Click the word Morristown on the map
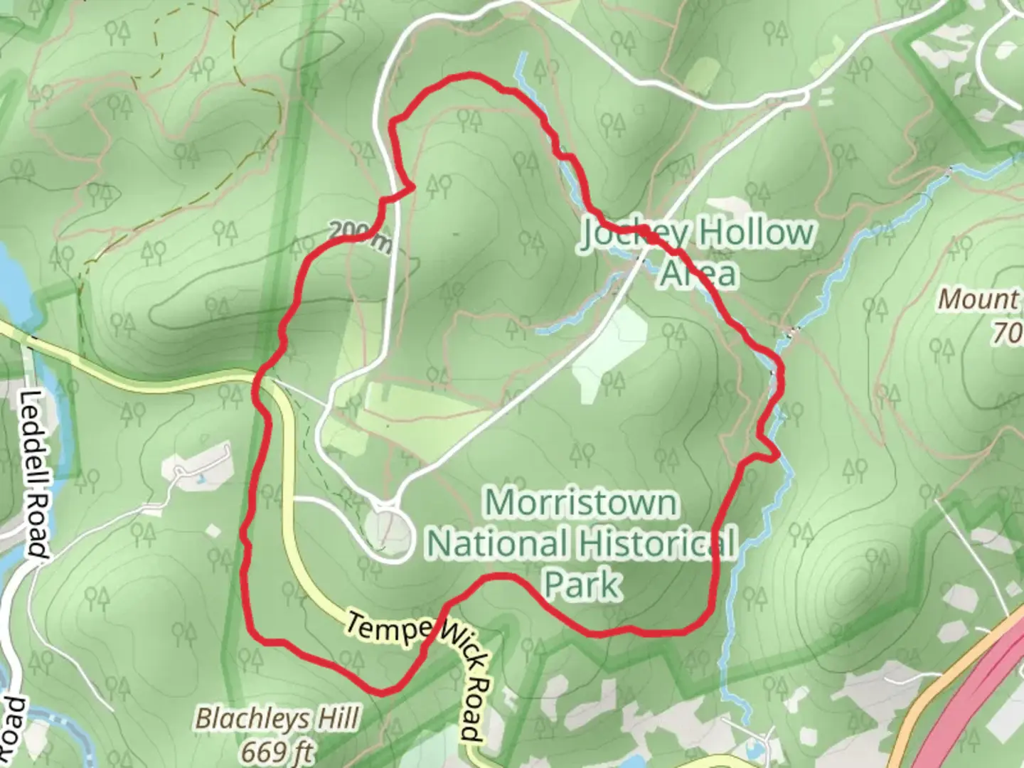tap(581, 503)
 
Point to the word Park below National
tap(582, 585)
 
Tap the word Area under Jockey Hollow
tap(697, 274)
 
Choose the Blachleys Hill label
tap(278, 719)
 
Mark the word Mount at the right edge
tap(978, 299)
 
